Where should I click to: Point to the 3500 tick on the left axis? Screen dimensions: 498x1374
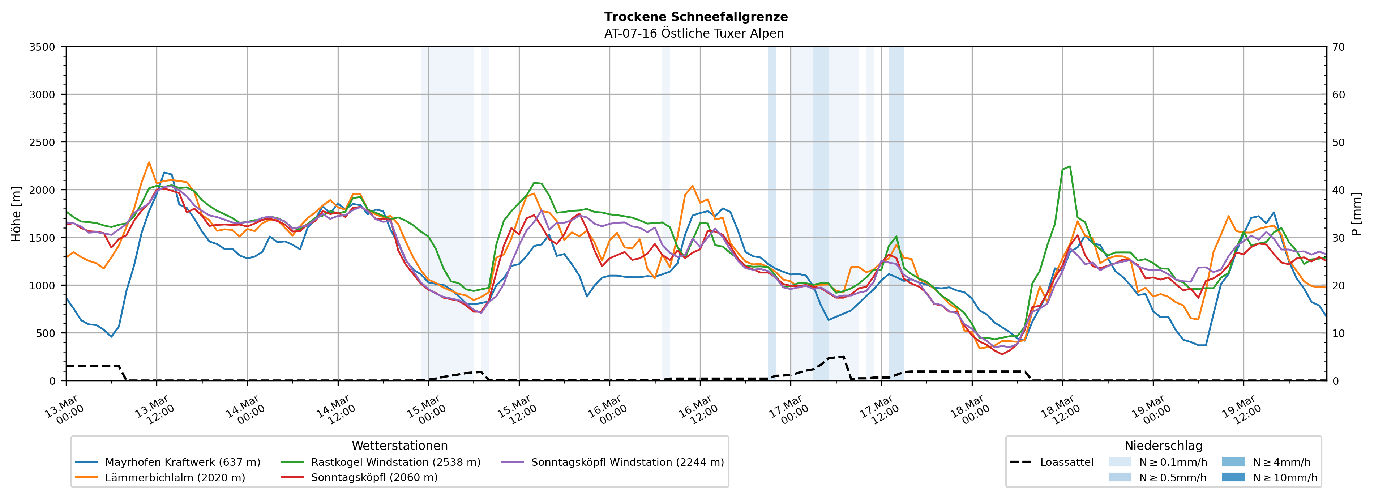(42, 47)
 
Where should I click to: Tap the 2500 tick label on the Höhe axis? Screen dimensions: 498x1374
(42, 142)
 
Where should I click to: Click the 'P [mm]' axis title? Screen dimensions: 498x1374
(1356, 213)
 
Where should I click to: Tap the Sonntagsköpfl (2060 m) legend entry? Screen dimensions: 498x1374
(374, 478)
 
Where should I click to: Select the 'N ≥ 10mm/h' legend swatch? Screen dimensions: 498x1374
(1233, 477)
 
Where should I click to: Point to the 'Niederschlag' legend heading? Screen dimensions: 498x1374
(1163, 446)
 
